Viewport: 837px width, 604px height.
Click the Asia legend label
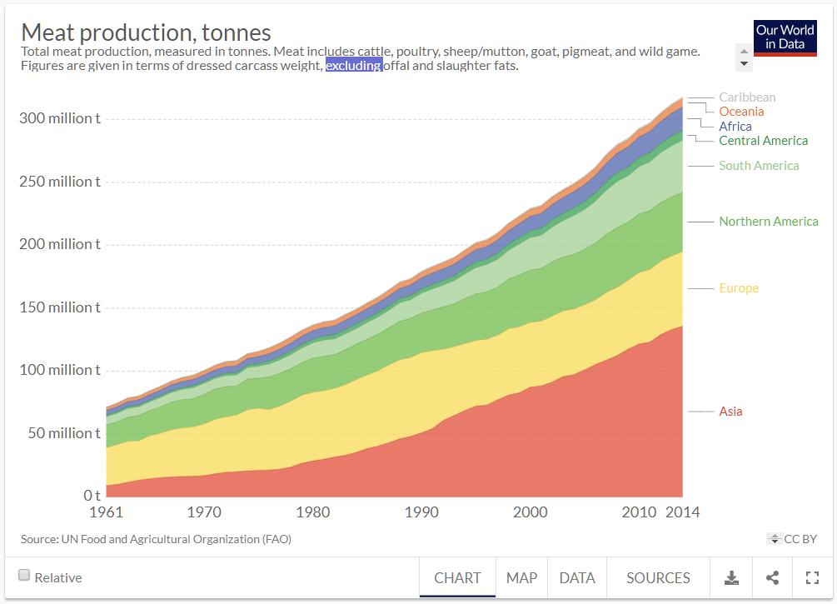(x=730, y=412)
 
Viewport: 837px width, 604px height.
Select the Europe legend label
(x=739, y=288)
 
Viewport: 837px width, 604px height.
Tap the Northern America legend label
(x=768, y=222)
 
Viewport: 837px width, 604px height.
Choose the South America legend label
(x=759, y=166)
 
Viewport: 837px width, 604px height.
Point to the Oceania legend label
(x=741, y=112)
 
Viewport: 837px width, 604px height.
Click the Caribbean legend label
(x=747, y=97)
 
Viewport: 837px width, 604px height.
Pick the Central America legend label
(x=763, y=141)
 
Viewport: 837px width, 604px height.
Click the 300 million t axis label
(x=59, y=118)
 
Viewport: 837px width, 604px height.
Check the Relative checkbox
(x=24, y=576)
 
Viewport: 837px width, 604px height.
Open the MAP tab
(x=522, y=577)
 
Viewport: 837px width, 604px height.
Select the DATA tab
(x=577, y=577)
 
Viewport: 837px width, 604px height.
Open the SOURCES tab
(x=658, y=577)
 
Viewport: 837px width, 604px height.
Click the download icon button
(x=731, y=577)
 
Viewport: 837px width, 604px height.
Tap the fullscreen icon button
(x=813, y=577)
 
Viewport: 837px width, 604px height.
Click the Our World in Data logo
(x=785, y=37)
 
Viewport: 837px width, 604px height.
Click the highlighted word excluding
(x=354, y=66)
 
